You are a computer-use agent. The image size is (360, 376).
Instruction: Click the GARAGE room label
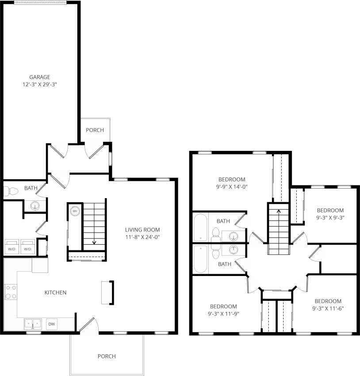tap(39, 77)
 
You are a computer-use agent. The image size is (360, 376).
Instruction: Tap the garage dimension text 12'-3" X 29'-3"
tap(39, 84)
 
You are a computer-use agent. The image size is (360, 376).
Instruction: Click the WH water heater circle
tap(75, 211)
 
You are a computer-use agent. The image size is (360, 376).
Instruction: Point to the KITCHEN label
tap(55, 292)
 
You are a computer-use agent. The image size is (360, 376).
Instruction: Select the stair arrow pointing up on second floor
tap(279, 211)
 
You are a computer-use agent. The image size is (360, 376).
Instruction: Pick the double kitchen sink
tap(33, 324)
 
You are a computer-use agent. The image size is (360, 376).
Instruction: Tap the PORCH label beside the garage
tap(95, 130)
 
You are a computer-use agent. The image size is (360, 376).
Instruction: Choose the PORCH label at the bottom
tap(107, 356)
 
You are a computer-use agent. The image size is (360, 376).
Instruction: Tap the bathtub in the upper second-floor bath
tap(201, 227)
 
